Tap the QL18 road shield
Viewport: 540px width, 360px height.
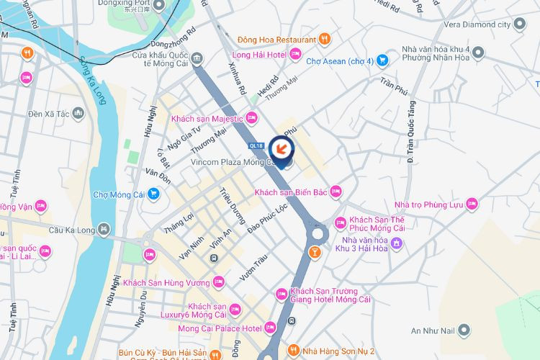tap(255, 145)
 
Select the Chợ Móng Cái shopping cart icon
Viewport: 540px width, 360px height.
tap(154, 194)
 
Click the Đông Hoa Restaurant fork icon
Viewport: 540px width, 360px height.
tap(325, 39)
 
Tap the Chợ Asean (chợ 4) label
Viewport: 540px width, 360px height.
tap(340, 61)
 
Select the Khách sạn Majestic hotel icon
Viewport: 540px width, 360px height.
tap(251, 117)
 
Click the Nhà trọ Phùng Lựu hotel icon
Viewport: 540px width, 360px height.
tap(472, 204)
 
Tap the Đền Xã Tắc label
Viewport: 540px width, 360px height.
tap(48, 114)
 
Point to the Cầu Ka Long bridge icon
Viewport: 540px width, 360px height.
tap(105, 230)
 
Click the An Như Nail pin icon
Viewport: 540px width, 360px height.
tap(465, 330)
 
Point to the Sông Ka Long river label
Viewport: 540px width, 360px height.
tap(95, 79)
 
